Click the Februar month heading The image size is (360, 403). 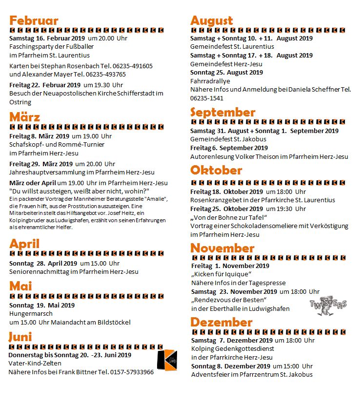pyautogui.click(x=34, y=20)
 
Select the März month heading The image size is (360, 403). pyautogui.click(x=24, y=117)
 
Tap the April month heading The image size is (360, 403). pyautogui.click(x=24, y=244)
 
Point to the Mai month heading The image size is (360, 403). pyautogui.click(x=20, y=286)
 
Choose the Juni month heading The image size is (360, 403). pyautogui.click(x=20, y=337)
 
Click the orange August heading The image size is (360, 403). pyautogui.click(x=212, y=20)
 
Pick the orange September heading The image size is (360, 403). pyautogui.click(x=222, y=113)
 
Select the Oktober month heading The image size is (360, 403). pyautogui.click(x=216, y=170)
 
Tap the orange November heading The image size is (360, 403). pyautogui.click(x=222, y=248)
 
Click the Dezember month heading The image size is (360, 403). pyautogui.click(x=221, y=322)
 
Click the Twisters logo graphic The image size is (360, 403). pyautogui.click(x=328, y=304)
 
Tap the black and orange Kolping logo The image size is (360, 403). pyautogui.click(x=167, y=360)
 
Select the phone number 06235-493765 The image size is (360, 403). pyautogui.click(x=103, y=75)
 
